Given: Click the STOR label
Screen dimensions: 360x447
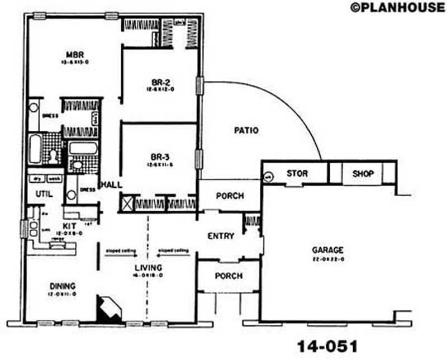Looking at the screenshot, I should (297, 174).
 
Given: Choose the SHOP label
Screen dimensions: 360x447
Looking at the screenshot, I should (363, 174).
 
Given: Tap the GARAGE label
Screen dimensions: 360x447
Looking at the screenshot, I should (328, 250).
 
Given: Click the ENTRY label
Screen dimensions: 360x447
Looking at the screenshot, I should (221, 236).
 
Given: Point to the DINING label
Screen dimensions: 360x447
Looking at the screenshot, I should (61, 286).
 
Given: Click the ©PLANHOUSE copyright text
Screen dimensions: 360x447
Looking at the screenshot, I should (397, 7).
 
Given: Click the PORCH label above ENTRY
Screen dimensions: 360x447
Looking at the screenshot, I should (229, 196).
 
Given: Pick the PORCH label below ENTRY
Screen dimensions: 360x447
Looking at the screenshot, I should (229, 276).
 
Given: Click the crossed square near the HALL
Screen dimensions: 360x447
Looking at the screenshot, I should (125, 203).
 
